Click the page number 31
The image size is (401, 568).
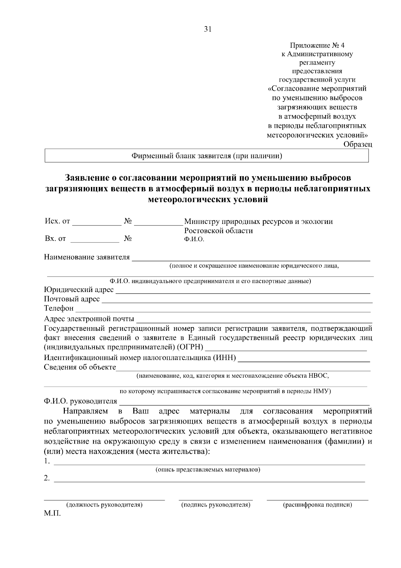[x=208, y=29]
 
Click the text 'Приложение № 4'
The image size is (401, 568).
[x=317, y=45]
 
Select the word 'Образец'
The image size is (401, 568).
[x=358, y=144]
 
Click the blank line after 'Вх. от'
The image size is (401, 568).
[x=95, y=240]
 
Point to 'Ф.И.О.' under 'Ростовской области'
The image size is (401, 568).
[x=194, y=240]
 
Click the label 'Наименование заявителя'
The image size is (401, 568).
[x=87, y=257]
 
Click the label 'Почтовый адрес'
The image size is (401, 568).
[x=72, y=299]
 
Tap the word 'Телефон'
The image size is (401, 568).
[x=59, y=308]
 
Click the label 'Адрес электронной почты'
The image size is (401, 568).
[x=89, y=318]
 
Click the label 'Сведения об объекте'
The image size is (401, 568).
[x=80, y=367]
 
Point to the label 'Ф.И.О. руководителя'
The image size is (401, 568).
[x=81, y=401]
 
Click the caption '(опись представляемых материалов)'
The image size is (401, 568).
[x=208, y=470]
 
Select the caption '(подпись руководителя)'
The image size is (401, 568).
[x=216, y=505]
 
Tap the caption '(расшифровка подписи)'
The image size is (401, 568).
[x=317, y=505]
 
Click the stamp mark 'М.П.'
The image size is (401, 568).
[x=52, y=513]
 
